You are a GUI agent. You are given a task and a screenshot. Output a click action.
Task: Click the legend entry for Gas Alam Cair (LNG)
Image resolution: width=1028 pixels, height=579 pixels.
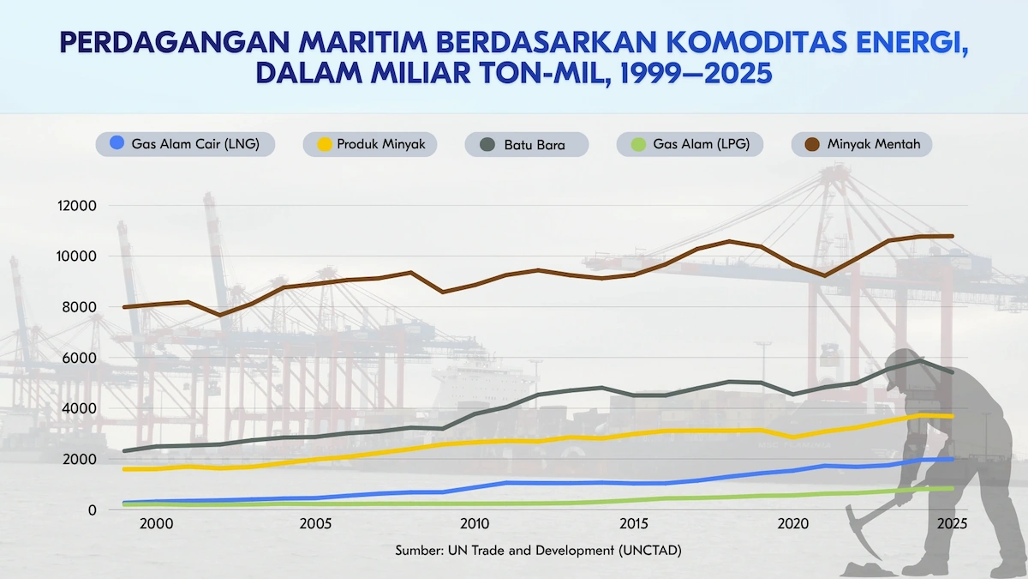(x=185, y=144)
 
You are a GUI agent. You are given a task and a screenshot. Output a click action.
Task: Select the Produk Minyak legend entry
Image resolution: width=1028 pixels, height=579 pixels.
(x=370, y=144)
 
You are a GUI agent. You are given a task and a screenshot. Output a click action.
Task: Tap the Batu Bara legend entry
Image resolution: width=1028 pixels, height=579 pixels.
(x=526, y=144)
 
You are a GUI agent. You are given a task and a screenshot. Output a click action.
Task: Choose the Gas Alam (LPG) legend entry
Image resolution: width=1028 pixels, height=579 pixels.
(x=690, y=144)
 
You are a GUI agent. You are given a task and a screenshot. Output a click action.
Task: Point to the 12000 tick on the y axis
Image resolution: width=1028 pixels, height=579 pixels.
(x=78, y=206)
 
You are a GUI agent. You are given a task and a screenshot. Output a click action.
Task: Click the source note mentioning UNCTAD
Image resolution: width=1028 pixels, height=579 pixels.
(x=538, y=551)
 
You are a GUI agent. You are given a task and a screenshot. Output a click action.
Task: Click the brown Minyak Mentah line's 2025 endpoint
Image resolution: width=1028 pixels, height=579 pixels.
(x=952, y=236)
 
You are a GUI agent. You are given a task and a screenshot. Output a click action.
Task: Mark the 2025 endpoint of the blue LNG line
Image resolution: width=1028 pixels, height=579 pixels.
(x=952, y=460)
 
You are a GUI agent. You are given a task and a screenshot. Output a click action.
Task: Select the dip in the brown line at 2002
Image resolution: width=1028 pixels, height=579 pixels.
(x=220, y=315)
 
